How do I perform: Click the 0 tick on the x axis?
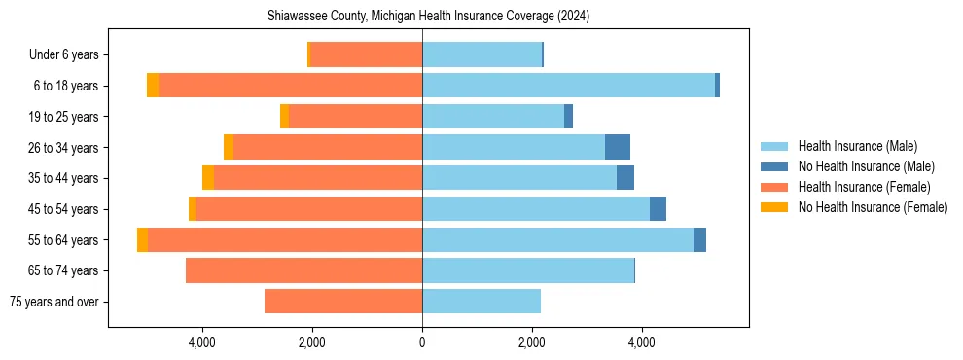[x=422, y=342]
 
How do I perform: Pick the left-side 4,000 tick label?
[x=202, y=342]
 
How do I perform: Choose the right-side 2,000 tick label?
[x=531, y=342]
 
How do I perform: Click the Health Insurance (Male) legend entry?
[x=857, y=147]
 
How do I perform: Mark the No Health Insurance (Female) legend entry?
[x=873, y=207]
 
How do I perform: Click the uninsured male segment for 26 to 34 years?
[x=618, y=147]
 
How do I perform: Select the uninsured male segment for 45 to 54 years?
[x=658, y=208]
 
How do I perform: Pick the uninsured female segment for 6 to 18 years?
[x=153, y=86]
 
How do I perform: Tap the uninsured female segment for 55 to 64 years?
[x=142, y=239]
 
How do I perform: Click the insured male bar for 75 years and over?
[x=481, y=302]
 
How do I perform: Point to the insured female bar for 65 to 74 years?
[x=303, y=270]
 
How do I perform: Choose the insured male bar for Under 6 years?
[x=481, y=55]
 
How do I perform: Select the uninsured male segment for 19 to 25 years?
[x=568, y=117]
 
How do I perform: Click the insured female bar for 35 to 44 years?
[x=318, y=178]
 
